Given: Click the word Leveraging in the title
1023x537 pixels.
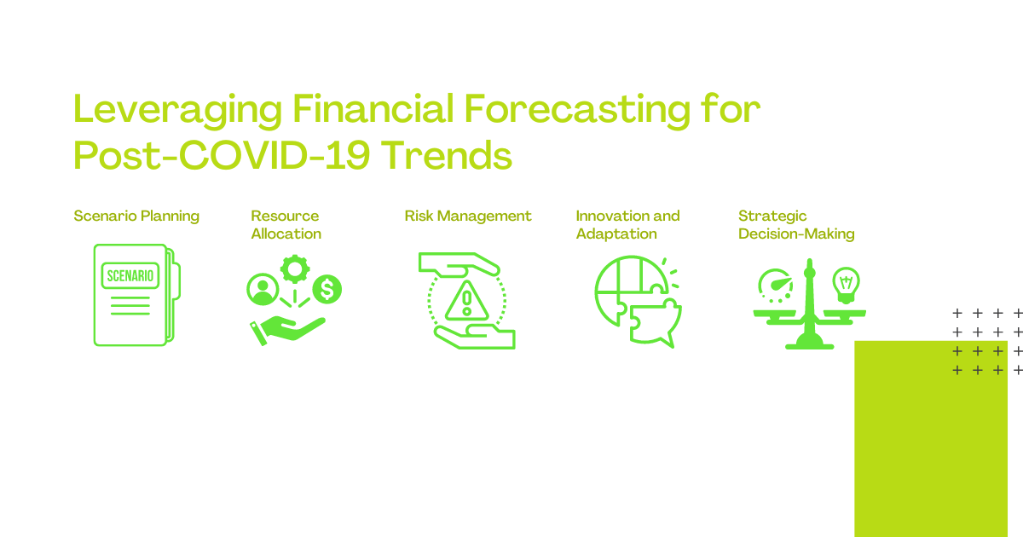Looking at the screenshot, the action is [x=177, y=110].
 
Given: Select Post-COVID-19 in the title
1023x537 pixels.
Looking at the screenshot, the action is [x=221, y=155].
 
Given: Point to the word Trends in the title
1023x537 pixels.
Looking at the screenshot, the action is [x=446, y=155].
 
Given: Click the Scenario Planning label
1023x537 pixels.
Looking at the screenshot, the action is [x=136, y=216].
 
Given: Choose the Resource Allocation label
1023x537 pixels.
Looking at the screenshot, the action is [x=286, y=225].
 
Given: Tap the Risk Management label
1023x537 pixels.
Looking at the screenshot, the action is [x=468, y=216].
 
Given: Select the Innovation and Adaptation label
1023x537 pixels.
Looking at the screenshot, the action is [x=627, y=225].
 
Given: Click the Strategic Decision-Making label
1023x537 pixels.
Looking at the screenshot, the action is [x=796, y=225].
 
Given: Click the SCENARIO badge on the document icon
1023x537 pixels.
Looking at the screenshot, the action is [x=130, y=275].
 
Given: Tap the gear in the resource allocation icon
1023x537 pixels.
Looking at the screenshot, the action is [x=295, y=269].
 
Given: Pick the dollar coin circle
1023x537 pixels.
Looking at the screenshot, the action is [x=327, y=290].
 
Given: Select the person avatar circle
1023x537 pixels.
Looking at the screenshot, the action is [x=263, y=290].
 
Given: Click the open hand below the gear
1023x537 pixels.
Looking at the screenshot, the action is [x=286, y=331].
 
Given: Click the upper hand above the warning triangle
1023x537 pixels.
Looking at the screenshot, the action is [x=459, y=265].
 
